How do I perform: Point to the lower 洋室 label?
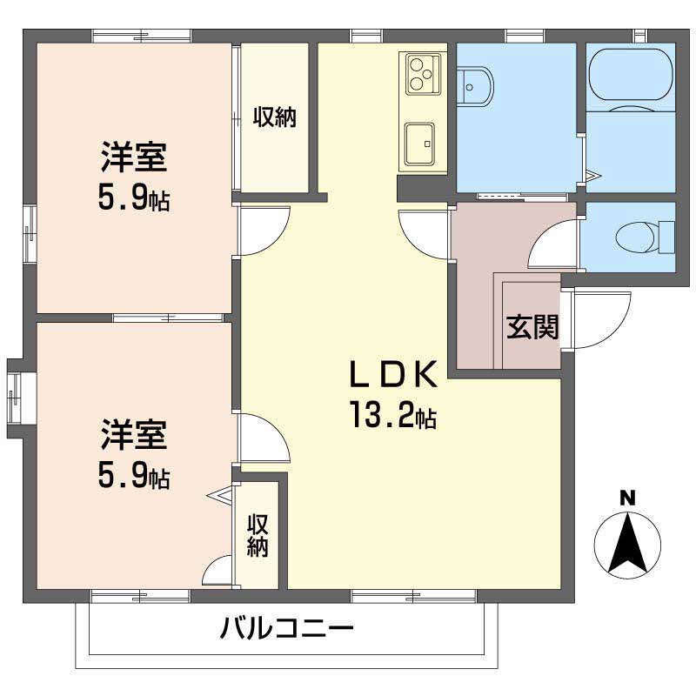tap(133, 433)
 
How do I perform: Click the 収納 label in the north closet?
tap(275, 117)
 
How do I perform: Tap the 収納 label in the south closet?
tap(258, 536)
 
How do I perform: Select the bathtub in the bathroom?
tap(631, 77)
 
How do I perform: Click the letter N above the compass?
tap(626, 499)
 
